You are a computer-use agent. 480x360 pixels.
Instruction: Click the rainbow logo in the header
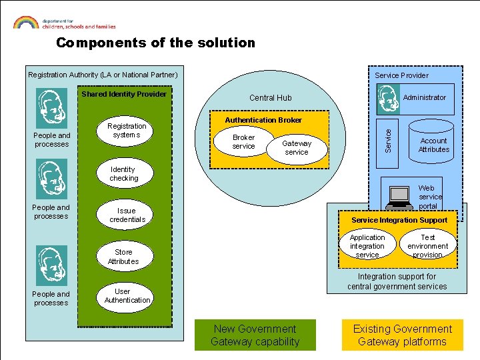pyautogui.click(x=25, y=22)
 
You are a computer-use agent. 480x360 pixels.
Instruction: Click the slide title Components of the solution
pyautogui.click(x=155, y=43)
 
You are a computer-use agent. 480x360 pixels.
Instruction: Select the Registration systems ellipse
pyautogui.click(x=127, y=131)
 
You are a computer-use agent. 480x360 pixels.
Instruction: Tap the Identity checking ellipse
pyautogui.click(x=124, y=174)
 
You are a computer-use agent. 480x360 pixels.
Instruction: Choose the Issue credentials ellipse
pyautogui.click(x=127, y=215)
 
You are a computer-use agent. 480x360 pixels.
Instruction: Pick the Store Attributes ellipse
pyautogui.click(x=123, y=257)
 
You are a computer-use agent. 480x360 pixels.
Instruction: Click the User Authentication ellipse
pyautogui.click(x=127, y=296)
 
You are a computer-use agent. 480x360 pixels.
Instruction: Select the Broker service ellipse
pyautogui.click(x=243, y=142)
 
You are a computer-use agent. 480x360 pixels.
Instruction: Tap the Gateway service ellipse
pyautogui.click(x=297, y=147)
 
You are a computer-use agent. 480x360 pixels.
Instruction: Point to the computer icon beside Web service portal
pyautogui.click(x=400, y=197)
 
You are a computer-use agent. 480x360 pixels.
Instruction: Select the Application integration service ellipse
pyautogui.click(x=367, y=246)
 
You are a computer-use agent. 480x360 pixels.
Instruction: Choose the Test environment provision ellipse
pyautogui.click(x=427, y=246)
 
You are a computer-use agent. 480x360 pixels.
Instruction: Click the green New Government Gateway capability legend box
pyautogui.click(x=255, y=335)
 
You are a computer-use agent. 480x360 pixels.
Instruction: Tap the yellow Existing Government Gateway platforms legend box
pyautogui.click(x=402, y=335)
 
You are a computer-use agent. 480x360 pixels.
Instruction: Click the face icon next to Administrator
pyautogui.click(x=388, y=99)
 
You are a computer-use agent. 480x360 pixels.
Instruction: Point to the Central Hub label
pyautogui.click(x=271, y=98)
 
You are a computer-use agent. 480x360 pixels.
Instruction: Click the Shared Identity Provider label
pyautogui.click(x=124, y=94)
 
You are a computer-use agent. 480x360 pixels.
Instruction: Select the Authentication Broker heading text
pyautogui.click(x=263, y=120)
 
